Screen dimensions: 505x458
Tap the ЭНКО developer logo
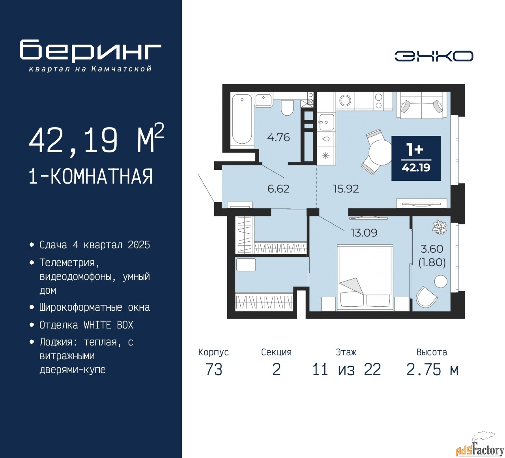[x=434, y=56]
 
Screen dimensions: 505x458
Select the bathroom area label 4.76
[x=279, y=137]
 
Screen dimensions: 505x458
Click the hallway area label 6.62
[x=279, y=189]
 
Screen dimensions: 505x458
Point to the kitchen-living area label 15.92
[x=346, y=189]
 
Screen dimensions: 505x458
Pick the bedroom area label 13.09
[x=364, y=233]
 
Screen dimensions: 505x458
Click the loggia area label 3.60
[x=432, y=249]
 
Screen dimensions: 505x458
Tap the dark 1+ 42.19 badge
[x=416, y=158]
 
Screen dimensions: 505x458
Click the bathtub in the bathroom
[x=242, y=119]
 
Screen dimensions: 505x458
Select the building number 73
[x=214, y=370]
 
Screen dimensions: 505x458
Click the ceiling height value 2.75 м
[x=432, y=370]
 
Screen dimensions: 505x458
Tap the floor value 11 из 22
[x=346, y=370]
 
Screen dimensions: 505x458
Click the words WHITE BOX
[x=108, y=325]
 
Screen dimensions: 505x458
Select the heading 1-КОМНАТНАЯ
[x=91, y=176]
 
